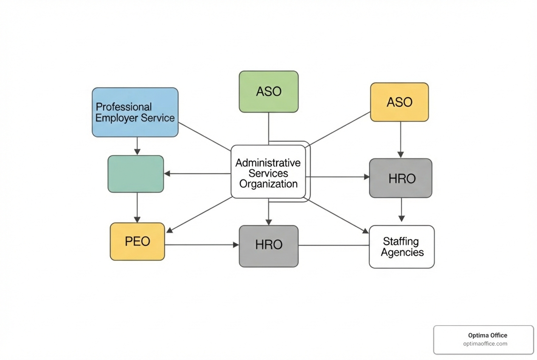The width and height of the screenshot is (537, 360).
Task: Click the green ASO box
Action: pos(268,92)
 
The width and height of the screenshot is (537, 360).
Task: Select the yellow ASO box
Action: pos(399,102)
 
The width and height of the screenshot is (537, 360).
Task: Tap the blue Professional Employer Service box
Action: pos(135,112)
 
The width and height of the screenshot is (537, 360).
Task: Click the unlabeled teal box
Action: pos(136,174)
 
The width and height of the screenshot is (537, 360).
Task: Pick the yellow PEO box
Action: pos(137,242)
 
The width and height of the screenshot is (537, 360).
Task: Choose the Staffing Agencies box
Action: pos(401,247)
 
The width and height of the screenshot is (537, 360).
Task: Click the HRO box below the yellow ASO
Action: pos(401,178)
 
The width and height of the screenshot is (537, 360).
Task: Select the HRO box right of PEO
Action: pos(268,246)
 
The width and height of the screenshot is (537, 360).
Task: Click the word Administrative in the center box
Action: pos(268,163)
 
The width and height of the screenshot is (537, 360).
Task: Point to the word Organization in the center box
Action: pos(268,184)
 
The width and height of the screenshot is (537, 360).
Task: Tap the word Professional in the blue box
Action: pos(124,107)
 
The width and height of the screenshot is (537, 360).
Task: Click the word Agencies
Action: pos(402,252)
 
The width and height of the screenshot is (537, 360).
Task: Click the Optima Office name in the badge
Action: pos(487,335)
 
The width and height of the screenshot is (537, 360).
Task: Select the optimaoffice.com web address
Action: pos(485,344)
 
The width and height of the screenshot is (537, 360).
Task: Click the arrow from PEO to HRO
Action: pos(201,245)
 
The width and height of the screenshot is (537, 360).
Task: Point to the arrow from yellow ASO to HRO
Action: pos(400,140)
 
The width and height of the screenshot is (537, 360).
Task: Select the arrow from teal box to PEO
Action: pos(137,208)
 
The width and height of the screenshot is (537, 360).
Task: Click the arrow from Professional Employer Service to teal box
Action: pos(137,146)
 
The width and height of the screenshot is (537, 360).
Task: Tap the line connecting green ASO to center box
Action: pos(268,127)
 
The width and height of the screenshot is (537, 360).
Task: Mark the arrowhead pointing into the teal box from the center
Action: pos(167,174)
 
